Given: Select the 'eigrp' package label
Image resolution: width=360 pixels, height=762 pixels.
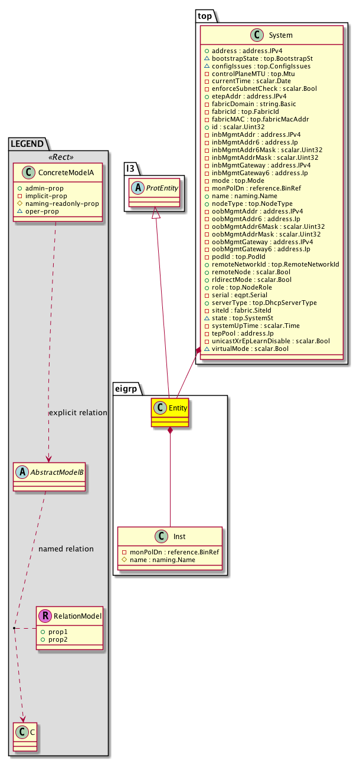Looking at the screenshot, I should point(126,388).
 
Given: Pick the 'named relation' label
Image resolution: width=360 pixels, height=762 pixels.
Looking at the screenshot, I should point(66,549).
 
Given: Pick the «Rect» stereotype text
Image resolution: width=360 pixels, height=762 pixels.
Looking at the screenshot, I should point(58,157).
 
